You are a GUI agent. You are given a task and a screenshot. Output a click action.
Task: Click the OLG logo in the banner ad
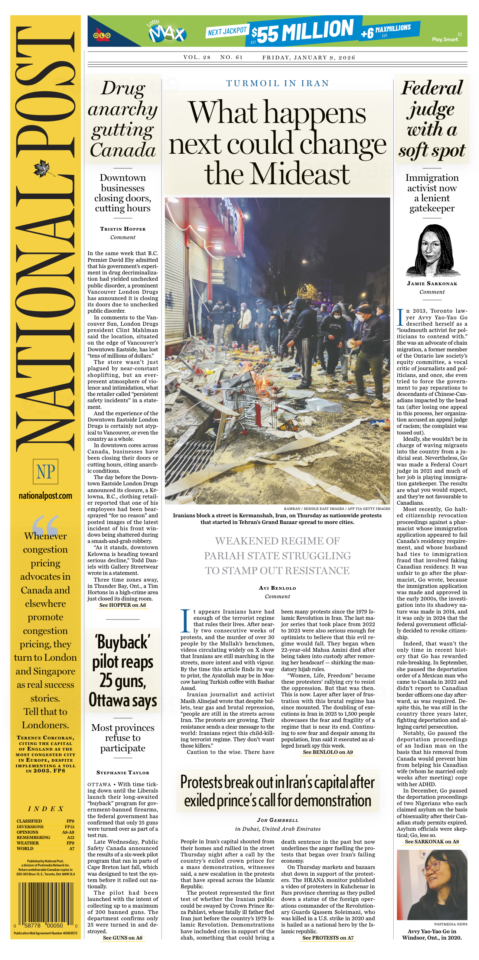coord(102,36)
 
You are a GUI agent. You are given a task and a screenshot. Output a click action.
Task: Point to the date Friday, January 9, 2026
coord(309,58)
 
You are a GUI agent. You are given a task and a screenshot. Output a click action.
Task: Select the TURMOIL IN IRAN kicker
coord(277,83)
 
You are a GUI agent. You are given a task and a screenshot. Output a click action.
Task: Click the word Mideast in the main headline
coord(277,174)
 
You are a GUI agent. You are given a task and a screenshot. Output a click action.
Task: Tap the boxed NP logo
coord(45,471)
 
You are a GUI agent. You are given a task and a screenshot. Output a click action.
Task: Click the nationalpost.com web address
coord(45,496)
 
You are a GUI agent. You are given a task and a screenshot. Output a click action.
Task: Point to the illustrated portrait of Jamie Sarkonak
coord(432,251)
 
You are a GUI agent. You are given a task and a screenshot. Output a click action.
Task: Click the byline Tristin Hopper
coord(123,229)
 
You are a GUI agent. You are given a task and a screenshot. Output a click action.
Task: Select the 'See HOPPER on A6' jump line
coord(123,605)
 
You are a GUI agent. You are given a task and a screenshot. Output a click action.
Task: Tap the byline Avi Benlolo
coord(277,588)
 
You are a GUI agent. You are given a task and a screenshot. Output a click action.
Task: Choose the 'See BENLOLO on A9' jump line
coord(328,752)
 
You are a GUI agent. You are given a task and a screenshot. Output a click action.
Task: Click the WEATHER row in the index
coord(45,843)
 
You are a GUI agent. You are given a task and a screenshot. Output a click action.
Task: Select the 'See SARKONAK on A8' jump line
coord(432,842)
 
